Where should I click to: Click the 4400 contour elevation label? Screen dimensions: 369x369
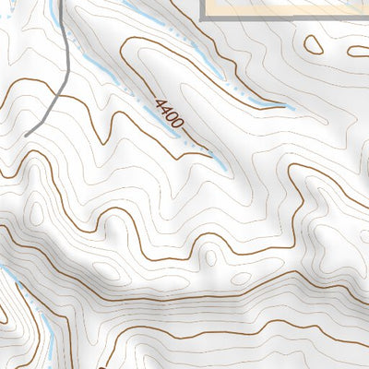pyautogui.click(x=170, y=113)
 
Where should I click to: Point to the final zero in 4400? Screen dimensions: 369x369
pyautogui.click(x=179, y=124)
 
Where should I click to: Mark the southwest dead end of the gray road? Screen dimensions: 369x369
pyautogui.click(x=27, y=136)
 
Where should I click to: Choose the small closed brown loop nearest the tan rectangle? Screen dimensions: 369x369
pyautogui.click(x=314, y=44)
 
